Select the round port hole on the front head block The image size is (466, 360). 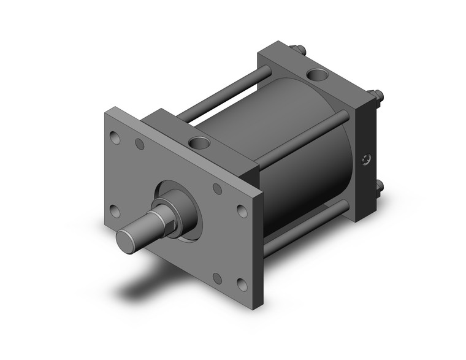click(200, 144)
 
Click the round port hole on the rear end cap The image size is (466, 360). click(318, 76)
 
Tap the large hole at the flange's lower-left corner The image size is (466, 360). click(114, 210)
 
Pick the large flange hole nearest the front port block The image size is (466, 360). click(242, 210)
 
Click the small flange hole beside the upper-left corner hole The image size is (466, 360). click(140, 145)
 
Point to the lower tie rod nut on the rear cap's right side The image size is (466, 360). click(379, 185)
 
